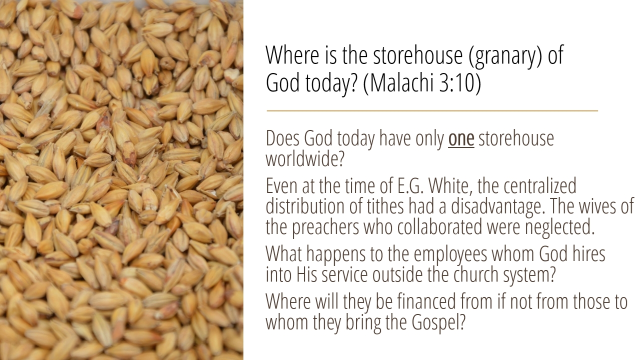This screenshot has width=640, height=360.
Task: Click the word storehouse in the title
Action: tap(418, 55)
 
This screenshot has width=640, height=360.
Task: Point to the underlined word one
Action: tap(461, 139)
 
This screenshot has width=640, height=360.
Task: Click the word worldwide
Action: tap(305, 158)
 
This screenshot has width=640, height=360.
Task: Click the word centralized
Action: tap(539, 185)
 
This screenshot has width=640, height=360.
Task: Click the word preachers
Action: tap(325, 227)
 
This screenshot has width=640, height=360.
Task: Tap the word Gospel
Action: tap(438, 322)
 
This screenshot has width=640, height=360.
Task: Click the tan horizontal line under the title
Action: tap(432, 110)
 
